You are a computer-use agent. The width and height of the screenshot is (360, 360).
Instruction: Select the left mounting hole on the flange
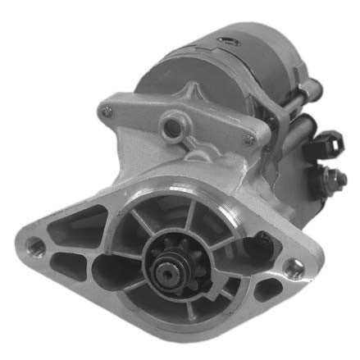click(35, 244)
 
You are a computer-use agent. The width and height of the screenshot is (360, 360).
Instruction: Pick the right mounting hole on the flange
click(292, 265)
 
